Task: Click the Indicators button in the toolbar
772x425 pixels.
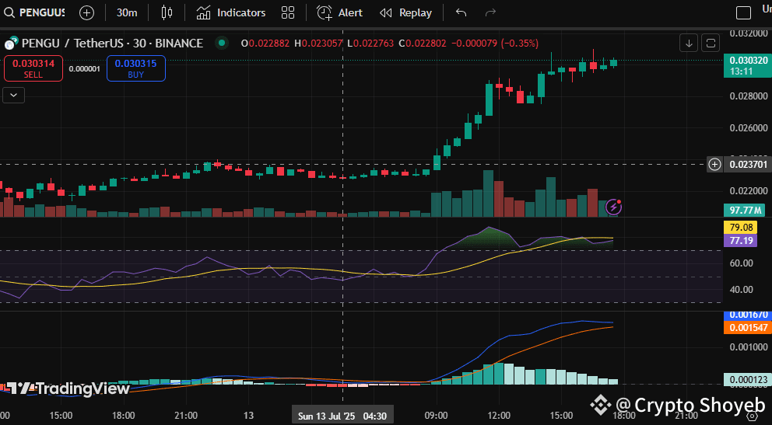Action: pyautogui.click(x=231, y=12)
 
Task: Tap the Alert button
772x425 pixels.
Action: pyautogui.click(x=340, y=12)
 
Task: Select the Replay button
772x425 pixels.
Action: pyautogui.click(x=405, y=12)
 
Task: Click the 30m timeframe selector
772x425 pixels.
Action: pyautogui.click(x=127, y=12)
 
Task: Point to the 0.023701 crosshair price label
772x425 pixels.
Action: pyautogui.click(x=747, y=164)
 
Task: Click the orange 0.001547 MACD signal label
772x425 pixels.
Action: pyautogui.click(x=747, y=328)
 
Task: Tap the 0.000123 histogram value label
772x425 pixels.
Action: pyautogui.click(x=747, y=380)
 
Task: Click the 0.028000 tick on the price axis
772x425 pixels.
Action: pyautogui.click(x=747, y=96)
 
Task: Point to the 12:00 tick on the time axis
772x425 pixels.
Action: pyautogui.click(x=498, y=416)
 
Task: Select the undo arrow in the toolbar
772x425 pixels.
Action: pyautogui.click(x=461, y=12)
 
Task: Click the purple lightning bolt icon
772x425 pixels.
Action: pyautogui.click(x=614, y=207)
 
